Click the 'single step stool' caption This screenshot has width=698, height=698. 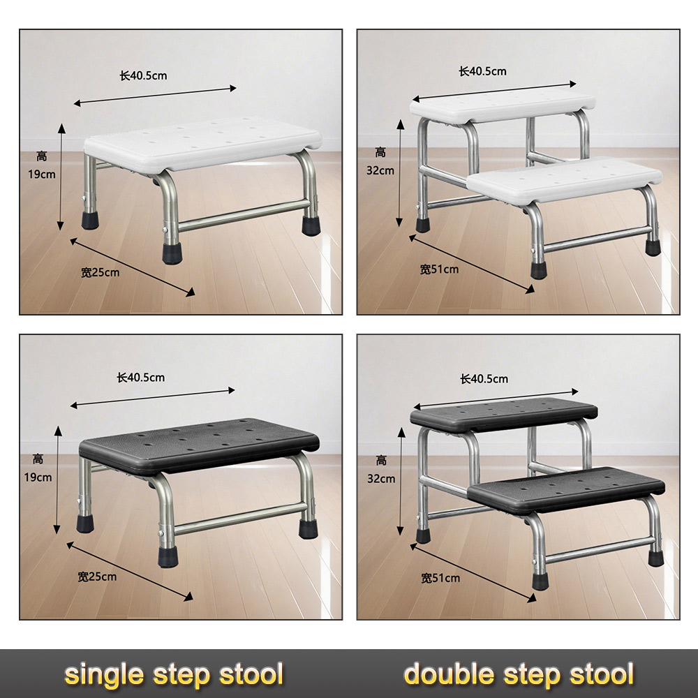click(174, 674)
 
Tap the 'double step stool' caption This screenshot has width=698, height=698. click(519, 674)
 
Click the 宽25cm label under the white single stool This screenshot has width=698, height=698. click(100, 272)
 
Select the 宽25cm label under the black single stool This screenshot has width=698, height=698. click(97, 577)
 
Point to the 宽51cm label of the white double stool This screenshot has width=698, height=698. click(439, 269)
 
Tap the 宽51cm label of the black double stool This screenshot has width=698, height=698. click(440, 578)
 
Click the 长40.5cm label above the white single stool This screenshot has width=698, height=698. click(143, 75)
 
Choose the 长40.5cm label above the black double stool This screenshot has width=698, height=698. click(484, 379)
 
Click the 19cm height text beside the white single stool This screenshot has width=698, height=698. click(42, 174)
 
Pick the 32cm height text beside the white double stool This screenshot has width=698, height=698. click(380, 170)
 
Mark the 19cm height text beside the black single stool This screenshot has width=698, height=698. click(38, 477)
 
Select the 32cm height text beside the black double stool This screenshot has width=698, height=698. click(381, 479)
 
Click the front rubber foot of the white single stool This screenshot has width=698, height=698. click(172, 253)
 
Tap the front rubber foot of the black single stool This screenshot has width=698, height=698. click(168, 556)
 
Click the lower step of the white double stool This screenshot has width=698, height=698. click(565, 180)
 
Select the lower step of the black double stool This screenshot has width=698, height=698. click(566, 490)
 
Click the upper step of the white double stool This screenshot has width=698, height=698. click(503, 106)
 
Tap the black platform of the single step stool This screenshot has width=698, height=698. click(199, 446)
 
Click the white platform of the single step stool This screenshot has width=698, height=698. click(202, 143)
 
